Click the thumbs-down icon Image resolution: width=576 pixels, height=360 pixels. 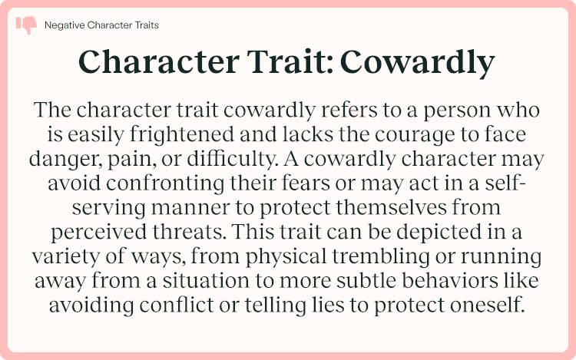(26, 25)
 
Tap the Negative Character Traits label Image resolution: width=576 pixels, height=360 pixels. (102, 25)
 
